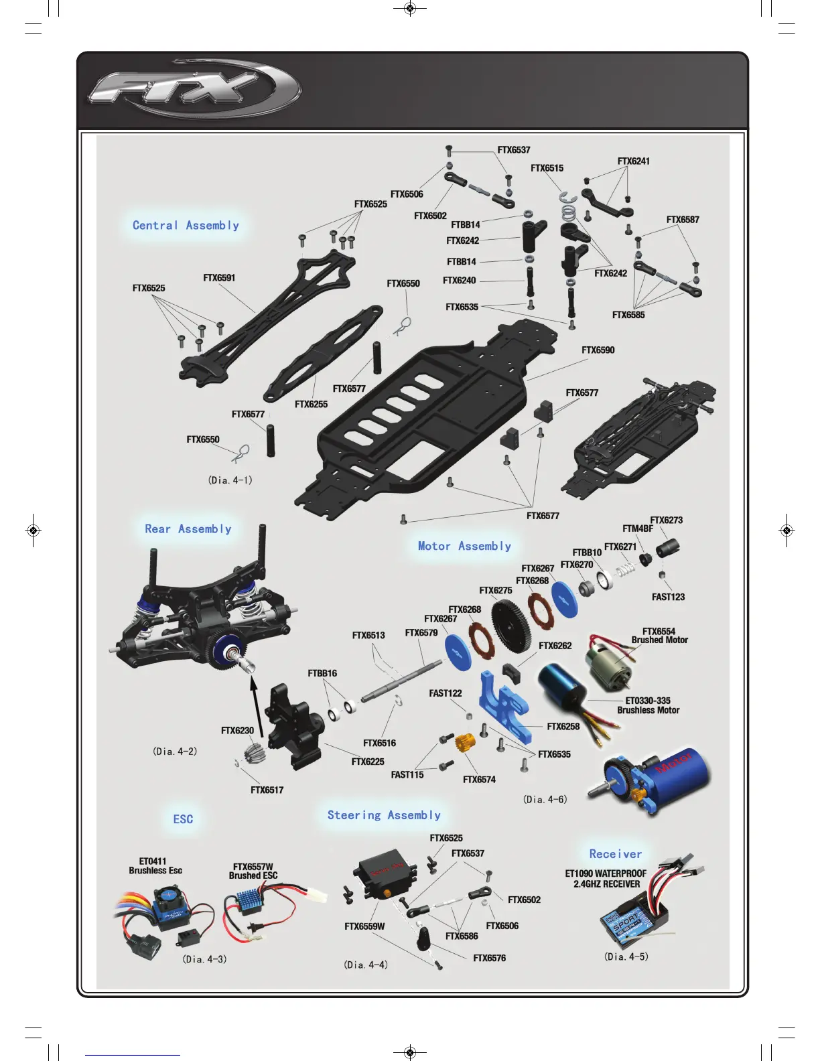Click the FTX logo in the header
[194, 89]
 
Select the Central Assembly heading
[186, 226]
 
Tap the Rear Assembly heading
[188, 529]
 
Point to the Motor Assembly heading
[464, 547]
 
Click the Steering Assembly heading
[384, 815]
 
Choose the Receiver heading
[615, 854]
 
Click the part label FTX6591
[219, 278]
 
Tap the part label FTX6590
[598, 350]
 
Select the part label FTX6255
[311, 405]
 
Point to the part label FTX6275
[496, 591]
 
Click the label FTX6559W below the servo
[364, 927]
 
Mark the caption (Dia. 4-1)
[230, 480]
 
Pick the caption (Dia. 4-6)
[545, 799]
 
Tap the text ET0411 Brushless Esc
[155, 866]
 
